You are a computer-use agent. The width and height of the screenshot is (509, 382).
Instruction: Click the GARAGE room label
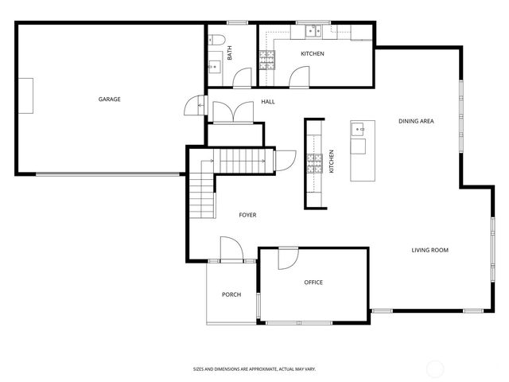(109, 99)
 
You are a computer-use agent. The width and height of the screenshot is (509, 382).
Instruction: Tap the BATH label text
(230, 54)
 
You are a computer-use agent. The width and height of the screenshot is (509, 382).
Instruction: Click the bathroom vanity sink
(214, 65)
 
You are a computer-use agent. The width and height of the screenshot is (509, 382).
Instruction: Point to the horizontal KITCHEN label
(312, 54)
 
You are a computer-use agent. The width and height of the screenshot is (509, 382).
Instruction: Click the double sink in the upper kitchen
(312, 33)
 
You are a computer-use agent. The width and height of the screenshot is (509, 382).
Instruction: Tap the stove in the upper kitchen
(267, 58)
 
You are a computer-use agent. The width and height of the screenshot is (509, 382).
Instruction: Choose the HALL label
(268, 102)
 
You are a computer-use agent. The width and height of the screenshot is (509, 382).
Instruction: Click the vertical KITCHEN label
(332, 162)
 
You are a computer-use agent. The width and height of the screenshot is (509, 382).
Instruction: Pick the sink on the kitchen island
(359, 128)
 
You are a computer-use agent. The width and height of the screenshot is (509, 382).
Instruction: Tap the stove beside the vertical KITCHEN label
(315, 163)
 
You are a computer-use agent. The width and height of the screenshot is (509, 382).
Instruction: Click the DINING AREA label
(416, 121)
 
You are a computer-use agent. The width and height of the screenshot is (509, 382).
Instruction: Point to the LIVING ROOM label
(429, 251)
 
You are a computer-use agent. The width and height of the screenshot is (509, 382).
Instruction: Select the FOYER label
(247, 215)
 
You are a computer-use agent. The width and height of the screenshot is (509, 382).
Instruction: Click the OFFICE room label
(313, 283)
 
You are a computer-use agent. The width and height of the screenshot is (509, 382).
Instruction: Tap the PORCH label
(231, 294)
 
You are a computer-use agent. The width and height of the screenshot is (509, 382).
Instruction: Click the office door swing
(288, 258)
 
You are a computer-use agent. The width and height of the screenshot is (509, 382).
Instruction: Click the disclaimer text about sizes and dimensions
(254, 369)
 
